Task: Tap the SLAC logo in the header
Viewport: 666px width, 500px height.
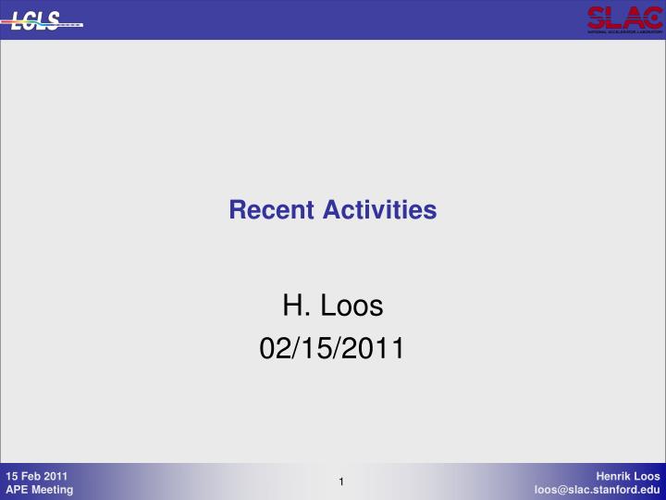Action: click(x=623, y=19)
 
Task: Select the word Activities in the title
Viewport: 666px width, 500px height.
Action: click(x=380, y=210)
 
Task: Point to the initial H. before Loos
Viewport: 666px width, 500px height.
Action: click(x=294, y=304)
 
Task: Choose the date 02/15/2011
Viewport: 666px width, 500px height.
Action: click(x=332, y=349)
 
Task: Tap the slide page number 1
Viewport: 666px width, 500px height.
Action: click(x=341, y=481)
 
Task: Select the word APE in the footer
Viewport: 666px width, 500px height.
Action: click(x=18, y=490)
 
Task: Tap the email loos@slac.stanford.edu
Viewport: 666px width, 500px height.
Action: click(x=598, y=490)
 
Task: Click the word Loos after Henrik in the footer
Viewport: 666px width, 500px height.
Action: click(x=647, y=476)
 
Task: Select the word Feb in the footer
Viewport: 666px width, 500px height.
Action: click(x=32, y=476)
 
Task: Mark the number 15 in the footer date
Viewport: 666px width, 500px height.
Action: click(x=12, y=476)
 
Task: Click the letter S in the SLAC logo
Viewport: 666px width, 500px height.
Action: click(x=597, y=16)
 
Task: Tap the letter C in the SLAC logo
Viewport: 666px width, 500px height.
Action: click(x=649, y=16)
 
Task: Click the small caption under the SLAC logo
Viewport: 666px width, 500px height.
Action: click(x=623, y=31)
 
